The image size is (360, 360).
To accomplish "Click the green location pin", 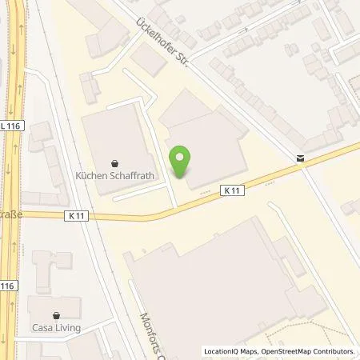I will (182, 162).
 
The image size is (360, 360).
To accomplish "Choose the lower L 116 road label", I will (7, 285).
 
